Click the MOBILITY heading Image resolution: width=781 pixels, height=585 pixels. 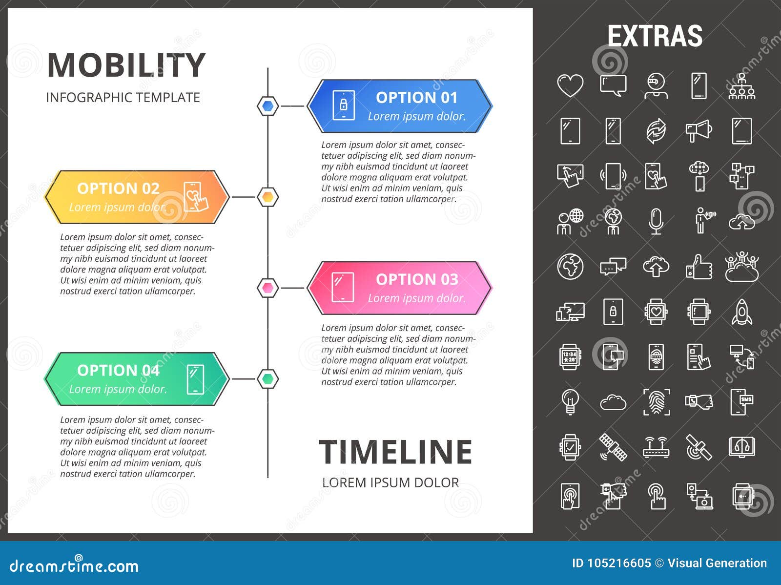pos(126,65)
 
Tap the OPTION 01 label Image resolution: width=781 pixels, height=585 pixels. pos(416,98)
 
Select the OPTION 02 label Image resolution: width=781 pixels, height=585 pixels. pos(118,188)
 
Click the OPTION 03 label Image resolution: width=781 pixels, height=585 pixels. pos(416,279)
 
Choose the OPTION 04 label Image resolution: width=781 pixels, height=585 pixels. pos(118,371)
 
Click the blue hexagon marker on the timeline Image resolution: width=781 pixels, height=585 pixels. pos(267,106)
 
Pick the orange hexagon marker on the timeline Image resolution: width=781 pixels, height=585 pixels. pos(267,197)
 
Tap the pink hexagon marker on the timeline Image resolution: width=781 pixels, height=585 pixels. pos(267,288)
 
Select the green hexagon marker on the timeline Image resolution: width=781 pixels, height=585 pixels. pos(267,378)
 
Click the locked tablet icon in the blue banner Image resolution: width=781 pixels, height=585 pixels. pos(343,105)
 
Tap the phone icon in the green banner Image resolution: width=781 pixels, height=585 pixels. pos(195,379)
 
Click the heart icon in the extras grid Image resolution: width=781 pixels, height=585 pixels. pos(570,85)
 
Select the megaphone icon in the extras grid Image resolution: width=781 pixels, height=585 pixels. pos(699,131)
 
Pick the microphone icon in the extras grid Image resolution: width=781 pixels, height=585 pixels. pos(656,221)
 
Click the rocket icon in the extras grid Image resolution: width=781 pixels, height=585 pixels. pos(741,312)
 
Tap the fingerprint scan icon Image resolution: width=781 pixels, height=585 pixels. pos(656,402)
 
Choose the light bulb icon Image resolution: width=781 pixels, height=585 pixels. pos(570,402)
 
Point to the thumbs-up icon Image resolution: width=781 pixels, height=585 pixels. pos(699,267)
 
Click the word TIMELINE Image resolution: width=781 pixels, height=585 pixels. pos(395,452)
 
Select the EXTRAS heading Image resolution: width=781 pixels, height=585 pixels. pos(655,36)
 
